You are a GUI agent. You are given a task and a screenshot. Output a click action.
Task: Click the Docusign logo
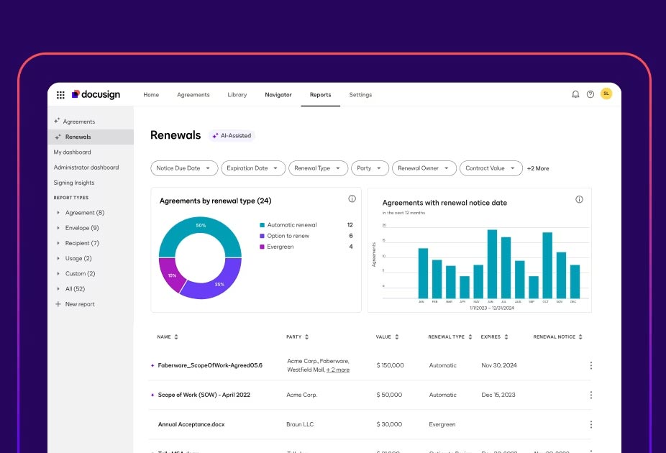[96, 94]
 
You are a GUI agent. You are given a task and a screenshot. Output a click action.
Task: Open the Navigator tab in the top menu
[278, 95]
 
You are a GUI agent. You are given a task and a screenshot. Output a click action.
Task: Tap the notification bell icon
[575, 94]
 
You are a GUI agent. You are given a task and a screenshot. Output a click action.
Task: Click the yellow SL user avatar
[606, 93]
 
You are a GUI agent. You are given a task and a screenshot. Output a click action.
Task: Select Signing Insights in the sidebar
[74, 183]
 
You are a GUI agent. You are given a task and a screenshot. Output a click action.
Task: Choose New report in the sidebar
[80, 304]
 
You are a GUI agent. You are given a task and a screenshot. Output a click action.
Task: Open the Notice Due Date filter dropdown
[184, 168]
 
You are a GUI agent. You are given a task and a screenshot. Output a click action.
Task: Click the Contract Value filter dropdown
[491, 168]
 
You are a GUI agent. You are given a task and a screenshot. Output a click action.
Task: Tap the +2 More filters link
[538, 168]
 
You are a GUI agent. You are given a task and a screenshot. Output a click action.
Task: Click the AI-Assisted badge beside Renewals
[232, 135]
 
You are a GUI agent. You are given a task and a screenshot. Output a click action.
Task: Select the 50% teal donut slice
[200, 229]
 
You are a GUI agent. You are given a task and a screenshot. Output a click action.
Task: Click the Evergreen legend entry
[280, 247]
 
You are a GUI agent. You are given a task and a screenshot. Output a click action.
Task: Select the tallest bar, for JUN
[493, 264]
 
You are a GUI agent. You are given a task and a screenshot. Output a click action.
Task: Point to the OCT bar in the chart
[547, 265]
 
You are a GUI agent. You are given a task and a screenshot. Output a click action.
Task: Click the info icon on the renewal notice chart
[579, 199]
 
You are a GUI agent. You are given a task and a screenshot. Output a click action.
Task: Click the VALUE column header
[383, 337]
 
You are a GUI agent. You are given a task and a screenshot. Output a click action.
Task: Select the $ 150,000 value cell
[391, 365]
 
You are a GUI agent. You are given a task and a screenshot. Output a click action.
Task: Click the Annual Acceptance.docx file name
[191, 424]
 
